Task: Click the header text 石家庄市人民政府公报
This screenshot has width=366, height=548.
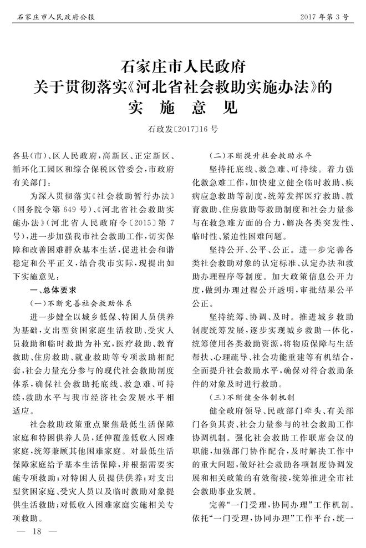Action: point(53,17)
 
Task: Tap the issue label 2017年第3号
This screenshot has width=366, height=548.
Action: point(324,17)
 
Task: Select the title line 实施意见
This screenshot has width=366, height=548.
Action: point(183,106)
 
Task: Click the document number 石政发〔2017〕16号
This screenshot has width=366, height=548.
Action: point(183,129)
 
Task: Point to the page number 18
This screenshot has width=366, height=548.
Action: point(38,531)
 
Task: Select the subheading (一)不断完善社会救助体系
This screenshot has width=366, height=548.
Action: point(81,303)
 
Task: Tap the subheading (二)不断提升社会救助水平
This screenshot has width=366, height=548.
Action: point(260,155)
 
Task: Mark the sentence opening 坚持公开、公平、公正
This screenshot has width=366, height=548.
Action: point(246,250)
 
